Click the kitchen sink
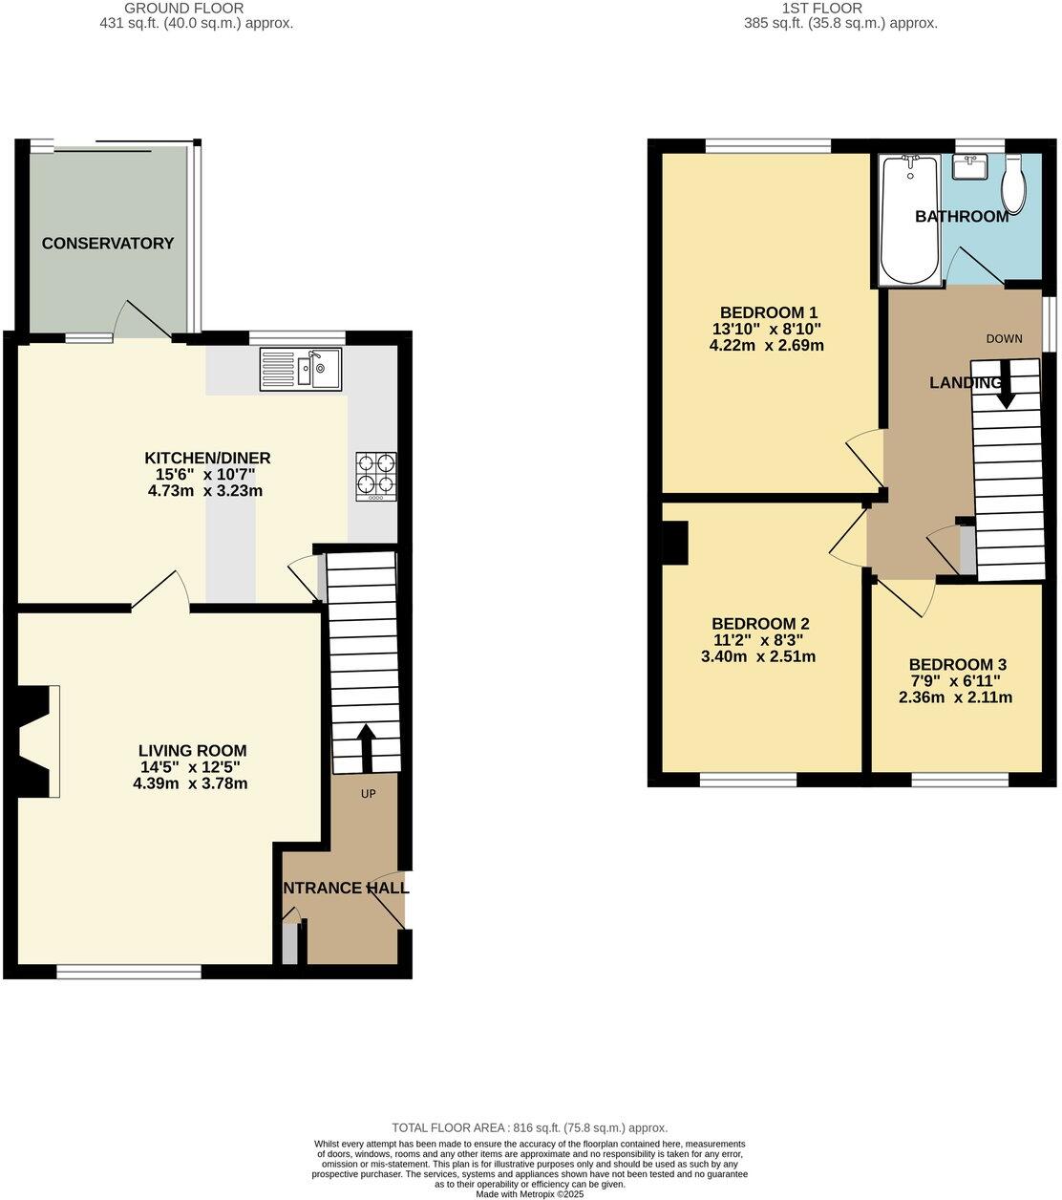pyautogui.click(x=301, y=370)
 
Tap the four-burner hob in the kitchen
pyautogui.click(x=376, y=476)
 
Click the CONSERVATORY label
pyautogui.click(x=108, y=244)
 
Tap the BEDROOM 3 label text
pyautogui.click(x=956, y=665)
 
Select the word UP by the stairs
pyautogui.click(x=368, y=794)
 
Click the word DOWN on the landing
pyautogui.click(x=1004, y=338)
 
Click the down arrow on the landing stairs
pyautogui.click(x=1005, y=384)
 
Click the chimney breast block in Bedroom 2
pyautogui.click(x=675, y=543)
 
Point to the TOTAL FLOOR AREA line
pyautogui.click(x=530, y=1127)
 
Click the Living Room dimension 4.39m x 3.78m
pyautogui.click(x=190, y=784)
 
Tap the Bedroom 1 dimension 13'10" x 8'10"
pyautogui.click(x=767, y=329)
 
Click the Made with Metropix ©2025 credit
pyautogui.click(x=530, y=1193)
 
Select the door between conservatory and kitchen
pyautogui.click(x=143, y=320)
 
